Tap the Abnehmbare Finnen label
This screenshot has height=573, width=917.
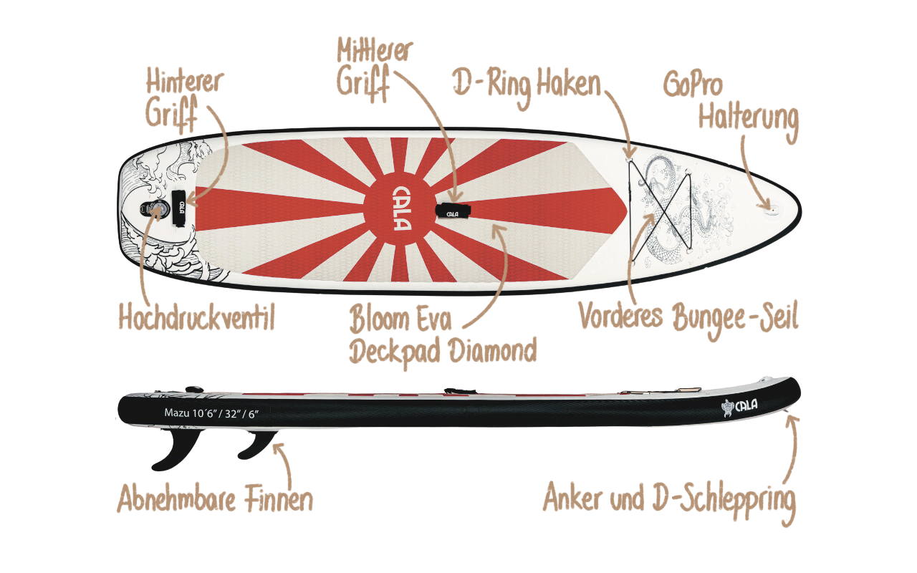pos(215,499)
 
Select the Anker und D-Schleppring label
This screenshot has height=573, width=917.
pos(669,499)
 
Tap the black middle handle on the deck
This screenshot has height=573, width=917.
pos(452,211)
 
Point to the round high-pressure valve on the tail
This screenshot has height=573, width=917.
pos(156,210)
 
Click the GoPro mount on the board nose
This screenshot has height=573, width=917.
pos(771,207)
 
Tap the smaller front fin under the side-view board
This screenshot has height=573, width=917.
pos(256,445)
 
